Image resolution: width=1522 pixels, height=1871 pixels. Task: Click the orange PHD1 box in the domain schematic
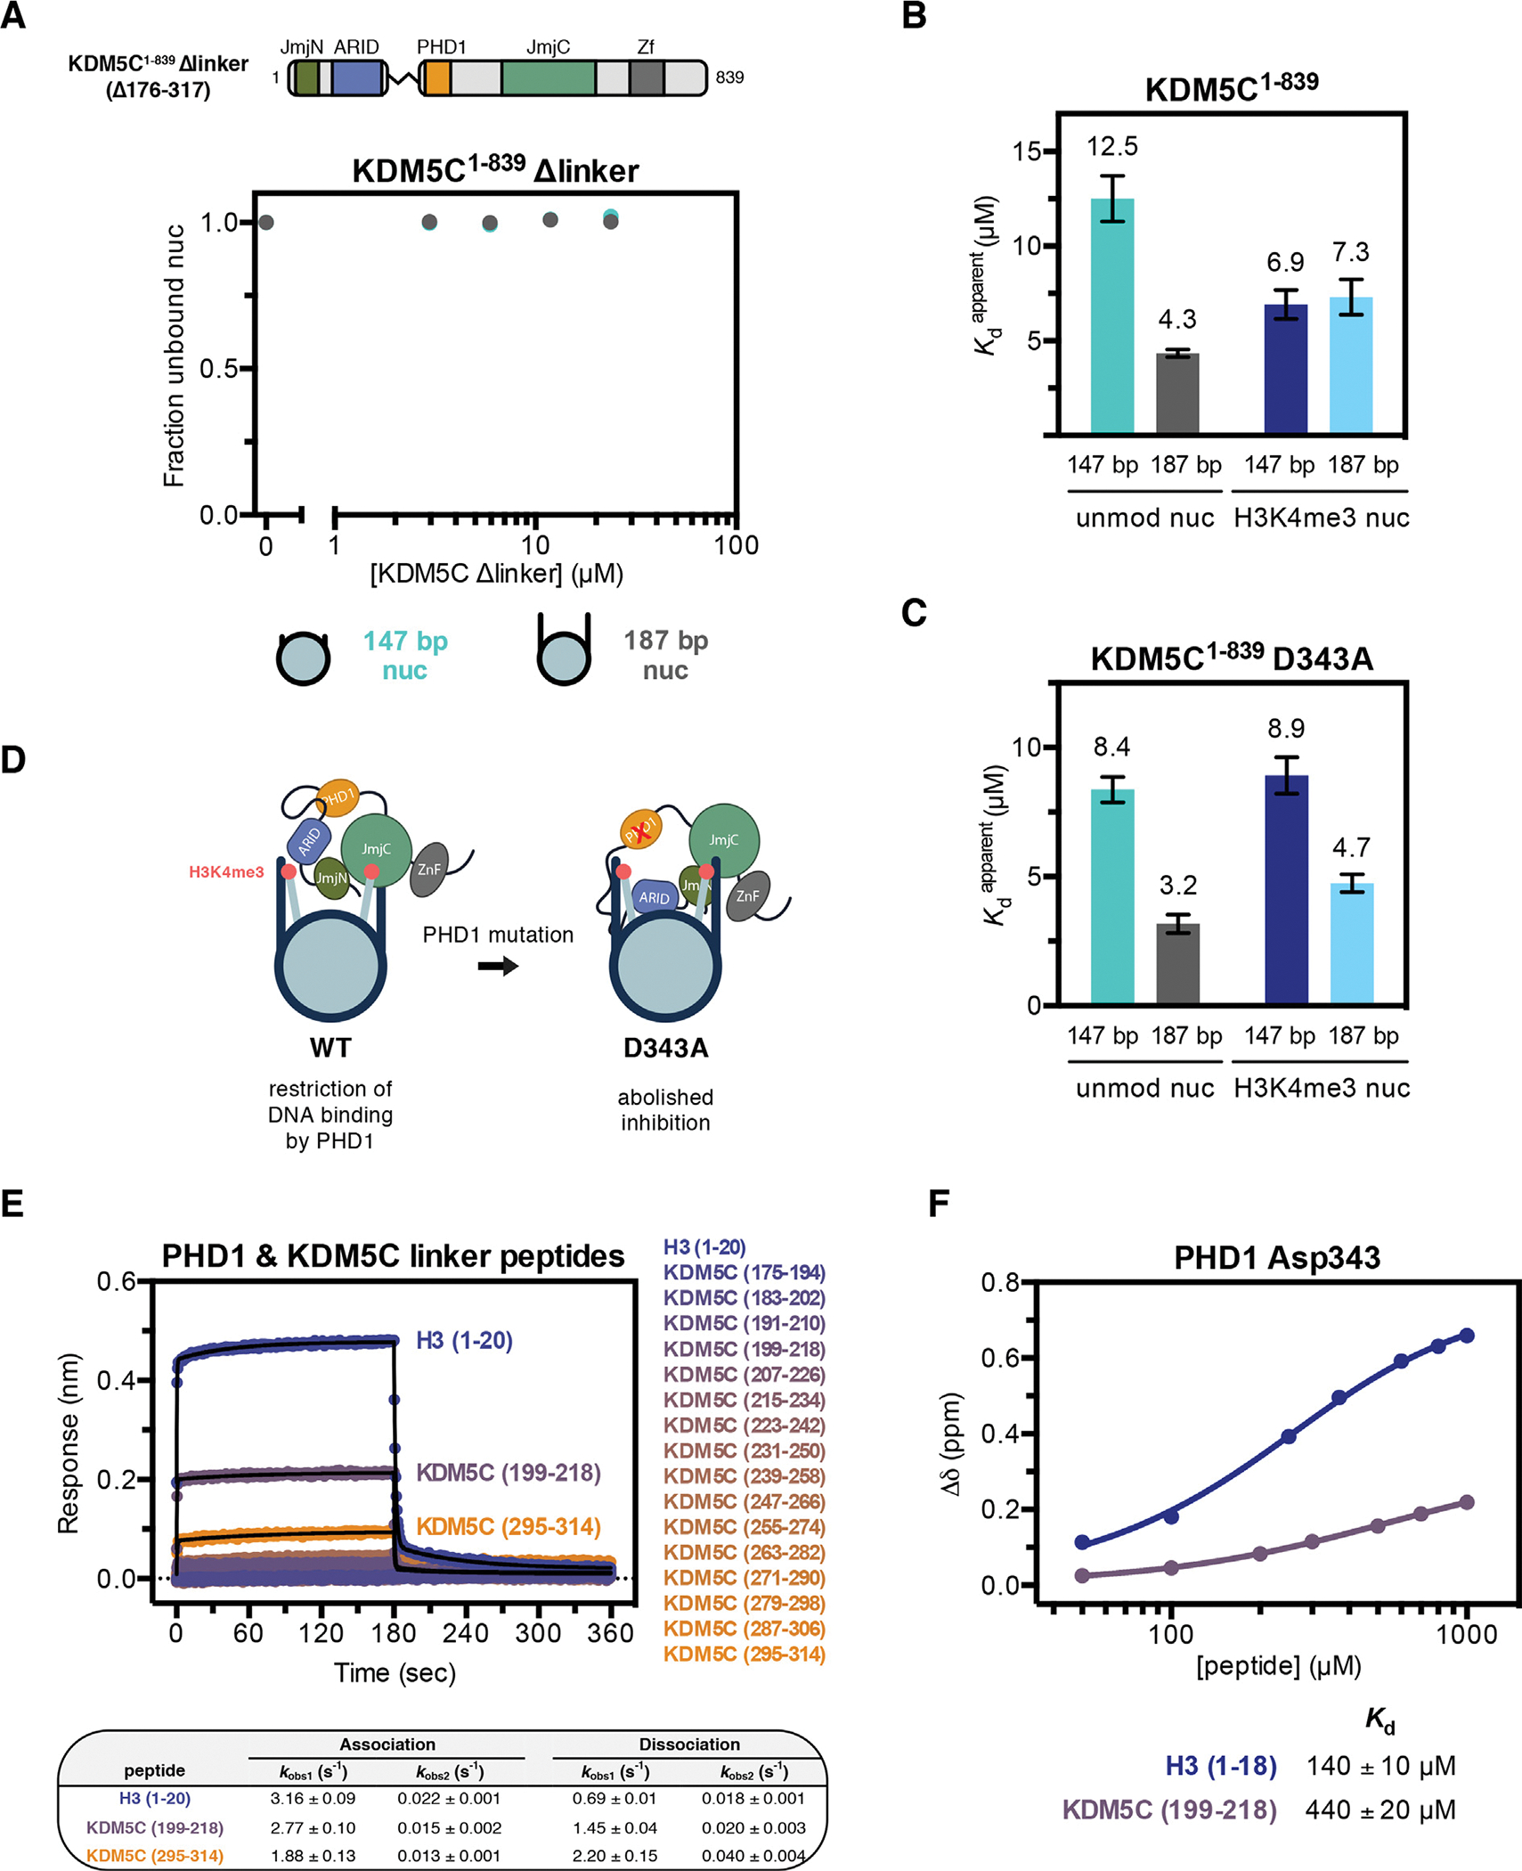(x=435, y=78)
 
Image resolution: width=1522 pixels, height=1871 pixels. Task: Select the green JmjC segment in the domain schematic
(x=548, y=78)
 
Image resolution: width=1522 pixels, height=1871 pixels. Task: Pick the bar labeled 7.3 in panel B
(x=1350, y=365)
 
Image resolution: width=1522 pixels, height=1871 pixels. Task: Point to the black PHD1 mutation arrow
(x=498, y=966)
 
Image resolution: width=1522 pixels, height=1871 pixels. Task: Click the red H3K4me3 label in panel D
(x=226, y=872)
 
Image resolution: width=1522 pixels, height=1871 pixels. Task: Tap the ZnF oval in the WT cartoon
(x=429, y=869)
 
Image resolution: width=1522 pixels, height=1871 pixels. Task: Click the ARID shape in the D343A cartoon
(x=654, y=897)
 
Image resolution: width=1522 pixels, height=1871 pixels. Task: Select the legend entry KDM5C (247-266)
(x=744, y=1501)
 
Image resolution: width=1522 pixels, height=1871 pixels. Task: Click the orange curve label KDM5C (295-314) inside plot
(x=508, y=1526)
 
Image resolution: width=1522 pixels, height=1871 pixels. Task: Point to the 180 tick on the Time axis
(x=393, y=1633)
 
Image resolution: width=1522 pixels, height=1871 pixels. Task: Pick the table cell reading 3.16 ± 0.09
(x=313, y=1799)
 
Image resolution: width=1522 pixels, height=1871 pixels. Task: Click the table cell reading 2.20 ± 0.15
(x=614, y=1856)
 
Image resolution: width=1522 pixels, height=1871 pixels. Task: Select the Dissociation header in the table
(x=688, y=1744)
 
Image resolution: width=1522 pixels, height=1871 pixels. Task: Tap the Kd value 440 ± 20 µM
(x=1380, y=1810)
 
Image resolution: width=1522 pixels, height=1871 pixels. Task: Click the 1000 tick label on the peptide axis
(x=1467, y=1634)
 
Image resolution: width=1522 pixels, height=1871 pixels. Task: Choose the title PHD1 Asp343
(x=1276, y=1257)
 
